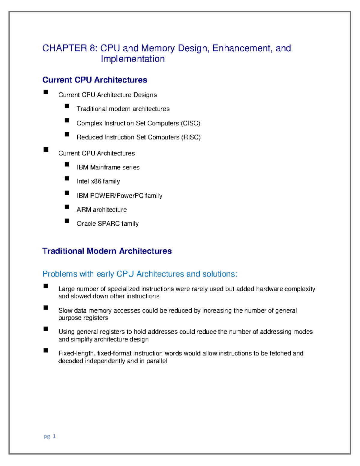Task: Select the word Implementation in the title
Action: tap(133, 59)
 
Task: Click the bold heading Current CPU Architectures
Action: tap(94, 80)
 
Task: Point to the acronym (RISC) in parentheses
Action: tap(191, 137)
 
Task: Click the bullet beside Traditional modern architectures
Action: tap(67, 106)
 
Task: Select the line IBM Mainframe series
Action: tap(108, 167)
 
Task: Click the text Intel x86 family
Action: tap(98, 182)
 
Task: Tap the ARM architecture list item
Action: tap(101, 210)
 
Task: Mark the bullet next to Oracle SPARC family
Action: tap(67, 221)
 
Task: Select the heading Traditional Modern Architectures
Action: tap(107, 251)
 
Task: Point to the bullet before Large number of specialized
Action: tap(46, 286)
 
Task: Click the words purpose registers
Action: tap(83, 318)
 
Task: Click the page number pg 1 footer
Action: tap(50, 436)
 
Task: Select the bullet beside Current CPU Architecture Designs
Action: tap(46, 92)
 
